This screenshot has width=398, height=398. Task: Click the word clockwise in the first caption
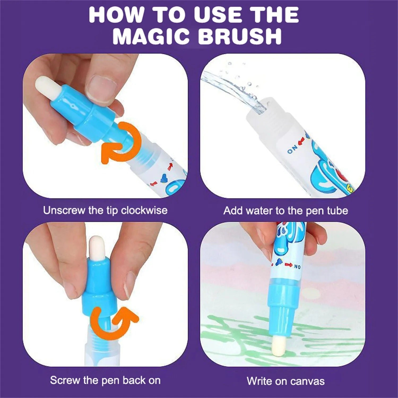(144, 210)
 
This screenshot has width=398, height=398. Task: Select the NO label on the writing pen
(297, 266)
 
